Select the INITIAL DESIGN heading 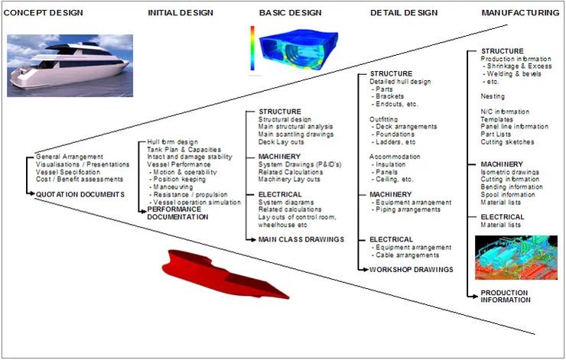click(x=181, y=13)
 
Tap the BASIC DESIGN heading click(x=291, y=13)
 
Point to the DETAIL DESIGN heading click(x=404, y=13)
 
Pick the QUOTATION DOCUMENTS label click(x=80, y=194)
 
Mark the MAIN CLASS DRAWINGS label click(x=301, y=239)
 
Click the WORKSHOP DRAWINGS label click(x=411, y=269)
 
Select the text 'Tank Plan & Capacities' click(x=184, y=150)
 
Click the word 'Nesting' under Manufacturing click(x=493, y=96)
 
